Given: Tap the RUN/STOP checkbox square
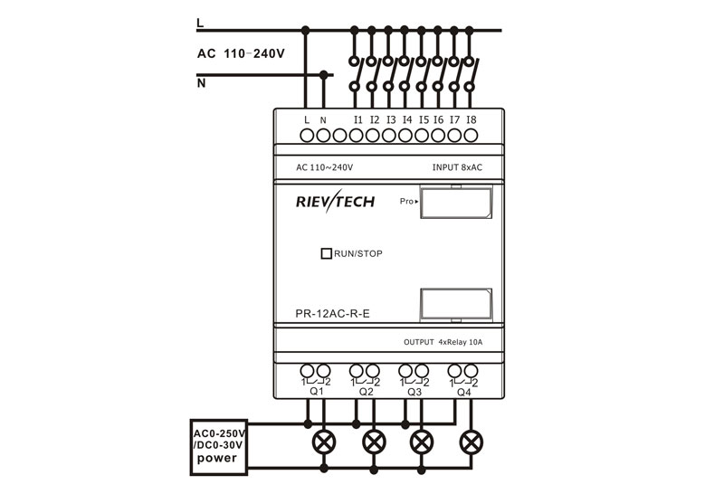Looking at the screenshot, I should click(x=326, y=253).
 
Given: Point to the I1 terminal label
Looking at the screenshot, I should click(x=358, y=119).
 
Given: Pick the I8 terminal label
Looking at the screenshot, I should click(x=472, y=119).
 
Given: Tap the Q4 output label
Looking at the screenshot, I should click(x=463, y=392).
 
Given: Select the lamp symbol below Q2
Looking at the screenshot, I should click(x=373, y=443).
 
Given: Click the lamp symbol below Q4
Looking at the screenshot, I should click(x=471, y=443).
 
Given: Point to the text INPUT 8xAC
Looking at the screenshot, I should click(x=457, y=167).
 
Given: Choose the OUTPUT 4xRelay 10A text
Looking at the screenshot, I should click(x=443, y=342).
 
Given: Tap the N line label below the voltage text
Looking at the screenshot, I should click(x=201, y=83).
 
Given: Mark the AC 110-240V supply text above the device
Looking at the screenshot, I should click(x=241, y=53).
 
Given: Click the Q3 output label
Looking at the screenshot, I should click(x=414, y=392).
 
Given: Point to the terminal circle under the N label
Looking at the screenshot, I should click(x=323, y=135).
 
